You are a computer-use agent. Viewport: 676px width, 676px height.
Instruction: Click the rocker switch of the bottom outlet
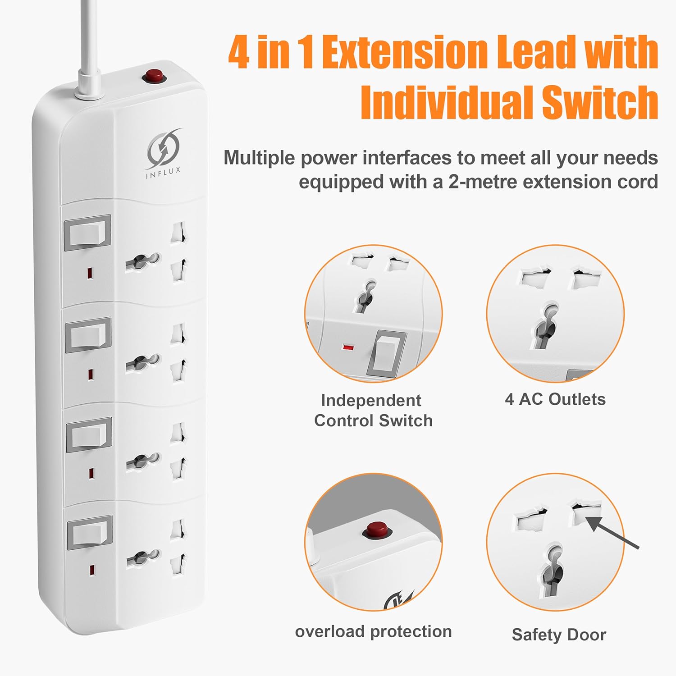(89, 533)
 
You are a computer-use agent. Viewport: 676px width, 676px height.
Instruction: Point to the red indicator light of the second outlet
(91, 374)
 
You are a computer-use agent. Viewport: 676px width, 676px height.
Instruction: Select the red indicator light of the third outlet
(91, 473)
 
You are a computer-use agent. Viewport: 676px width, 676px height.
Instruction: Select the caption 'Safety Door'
(559, 635)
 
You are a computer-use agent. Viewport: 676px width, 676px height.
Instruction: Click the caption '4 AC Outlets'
(555, 399)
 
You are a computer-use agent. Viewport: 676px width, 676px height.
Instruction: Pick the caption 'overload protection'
(373, 631)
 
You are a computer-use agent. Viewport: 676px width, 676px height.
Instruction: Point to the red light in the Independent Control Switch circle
(347, 347)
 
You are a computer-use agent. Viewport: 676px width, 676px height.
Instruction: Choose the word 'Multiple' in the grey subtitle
(260, 159)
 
